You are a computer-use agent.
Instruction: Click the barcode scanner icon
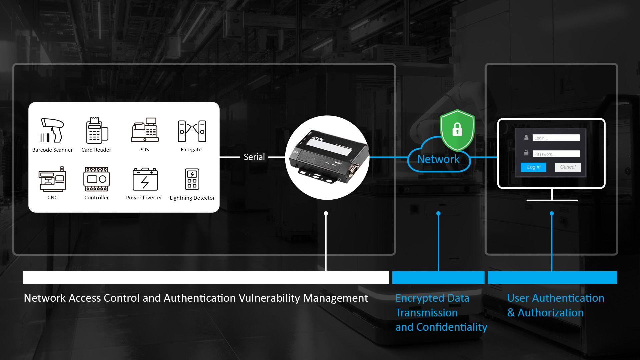[x=52, y=130]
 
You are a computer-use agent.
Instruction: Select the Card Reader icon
[x=96, y=131]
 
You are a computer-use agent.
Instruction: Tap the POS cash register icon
[x=145, y=130]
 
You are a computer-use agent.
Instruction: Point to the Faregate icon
[x=192, y=131]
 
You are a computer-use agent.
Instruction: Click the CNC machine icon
[x=52, y=179]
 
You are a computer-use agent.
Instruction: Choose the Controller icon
[x=96, y=179]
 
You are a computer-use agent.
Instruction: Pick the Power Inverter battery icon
[x=145, y=179]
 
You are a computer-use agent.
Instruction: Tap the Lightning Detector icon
[x=192, y=179]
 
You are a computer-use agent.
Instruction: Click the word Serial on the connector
[x=254, y=157]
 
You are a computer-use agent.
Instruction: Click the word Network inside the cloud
[x=438, y=159]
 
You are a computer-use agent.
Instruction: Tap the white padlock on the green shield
[x=457, y=129]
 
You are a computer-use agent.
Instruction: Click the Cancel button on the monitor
[x=567, y=167]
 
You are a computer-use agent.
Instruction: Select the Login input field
[x=556, y=138]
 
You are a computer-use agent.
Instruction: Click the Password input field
[x=556, y=154]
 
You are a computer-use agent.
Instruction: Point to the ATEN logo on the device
[x=317, y=138]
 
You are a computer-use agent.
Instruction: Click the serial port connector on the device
[x=353, y=169]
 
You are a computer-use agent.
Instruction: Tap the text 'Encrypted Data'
[x=432, y=298]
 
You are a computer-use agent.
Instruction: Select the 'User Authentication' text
[x=555, y=298]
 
